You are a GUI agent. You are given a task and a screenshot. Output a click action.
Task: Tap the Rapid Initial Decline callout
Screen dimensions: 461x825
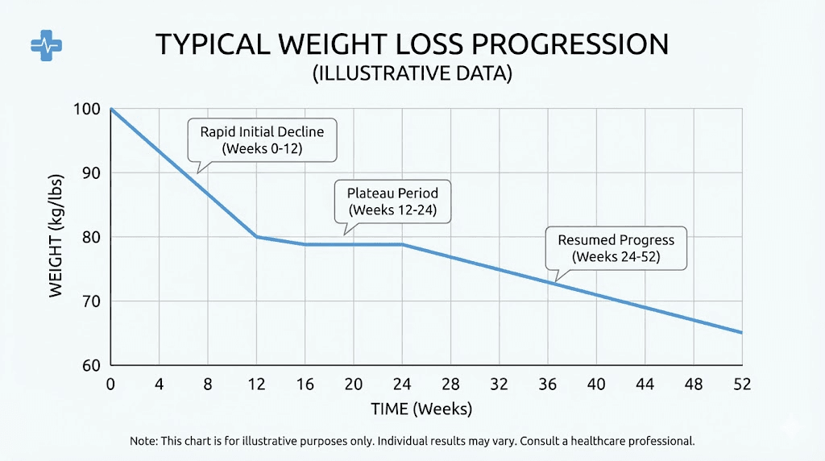(x=262, y=139)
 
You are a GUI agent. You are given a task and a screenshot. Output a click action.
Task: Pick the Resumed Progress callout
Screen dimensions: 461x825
(x=615, y=248)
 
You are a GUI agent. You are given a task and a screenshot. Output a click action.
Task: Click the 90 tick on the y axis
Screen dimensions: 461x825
(x=92, y=173)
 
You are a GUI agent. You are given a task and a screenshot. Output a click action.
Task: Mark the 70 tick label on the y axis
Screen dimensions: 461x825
(x=92, y=301)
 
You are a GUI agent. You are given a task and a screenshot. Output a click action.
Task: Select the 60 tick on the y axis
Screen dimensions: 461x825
(x=92, y=365)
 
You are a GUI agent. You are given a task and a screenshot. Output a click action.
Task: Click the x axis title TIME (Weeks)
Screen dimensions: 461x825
(x=421, y=409)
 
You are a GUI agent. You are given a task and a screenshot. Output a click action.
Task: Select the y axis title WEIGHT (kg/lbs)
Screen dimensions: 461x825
(x=56, y=238)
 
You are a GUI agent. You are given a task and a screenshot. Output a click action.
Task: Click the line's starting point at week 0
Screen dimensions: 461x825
(x=111, y=110)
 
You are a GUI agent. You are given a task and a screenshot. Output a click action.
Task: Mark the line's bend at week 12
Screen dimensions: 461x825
(x=256, y=237)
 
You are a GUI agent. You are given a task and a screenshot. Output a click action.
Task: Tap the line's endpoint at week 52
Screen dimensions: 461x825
(x=741, y=333)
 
